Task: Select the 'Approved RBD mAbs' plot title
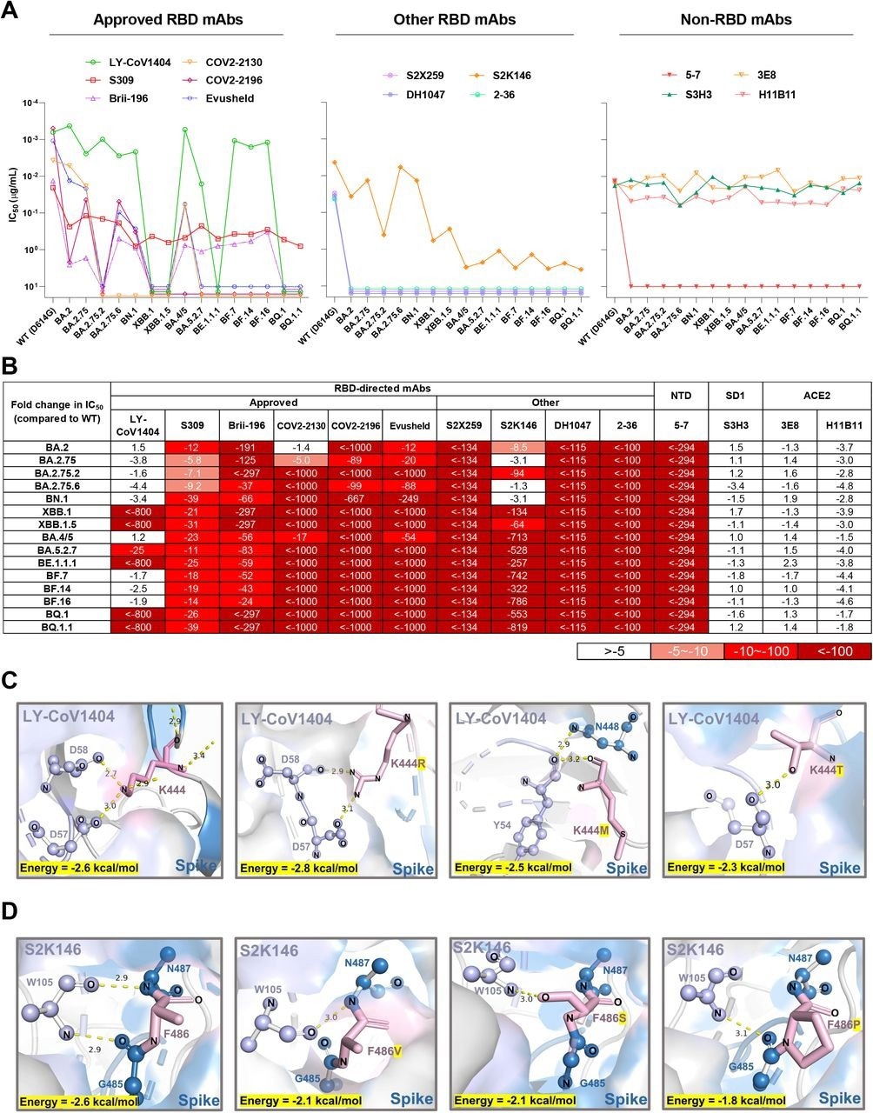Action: click(165, 18)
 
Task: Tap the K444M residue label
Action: click(591, 833)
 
